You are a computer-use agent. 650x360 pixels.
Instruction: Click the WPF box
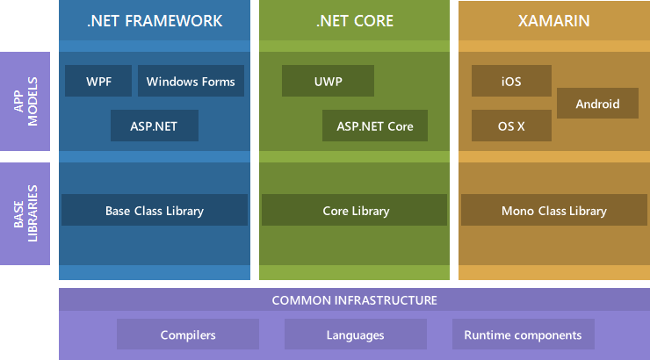[98, 82]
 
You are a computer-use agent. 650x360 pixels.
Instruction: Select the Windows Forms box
[191, 82]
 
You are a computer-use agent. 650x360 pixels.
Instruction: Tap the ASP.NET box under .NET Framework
[155, 126]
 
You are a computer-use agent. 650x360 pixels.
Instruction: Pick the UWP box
[328, 82]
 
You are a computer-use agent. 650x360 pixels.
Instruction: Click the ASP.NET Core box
[375, 126]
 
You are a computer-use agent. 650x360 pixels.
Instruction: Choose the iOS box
[511, 82]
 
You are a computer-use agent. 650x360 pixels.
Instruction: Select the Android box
[597, 104]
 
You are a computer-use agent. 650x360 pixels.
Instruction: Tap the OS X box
[511, 126]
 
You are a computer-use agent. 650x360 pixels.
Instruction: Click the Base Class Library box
[155, 211]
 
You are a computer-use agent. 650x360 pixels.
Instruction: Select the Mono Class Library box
[553, 211]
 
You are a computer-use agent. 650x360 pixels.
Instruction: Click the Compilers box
[188, 335]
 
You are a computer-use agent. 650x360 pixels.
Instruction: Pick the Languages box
[355, 335]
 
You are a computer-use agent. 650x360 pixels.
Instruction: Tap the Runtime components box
[523, 335]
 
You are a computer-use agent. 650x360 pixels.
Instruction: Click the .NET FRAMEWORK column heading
[155, 20]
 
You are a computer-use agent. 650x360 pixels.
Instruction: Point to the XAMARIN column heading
[553, 20]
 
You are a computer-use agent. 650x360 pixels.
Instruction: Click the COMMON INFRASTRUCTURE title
[354, 300]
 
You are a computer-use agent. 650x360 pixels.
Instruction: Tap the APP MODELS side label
[25, 102]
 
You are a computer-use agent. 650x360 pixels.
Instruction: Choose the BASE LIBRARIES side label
[25, 213]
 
